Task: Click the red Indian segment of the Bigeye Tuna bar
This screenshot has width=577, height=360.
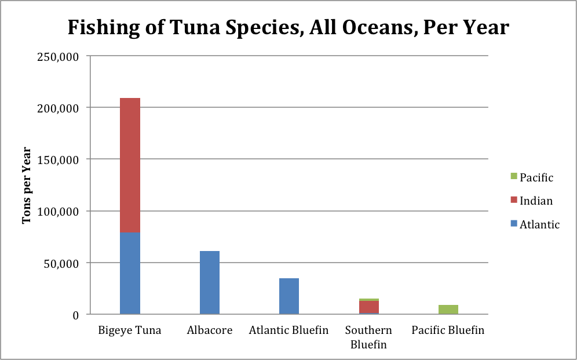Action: click(130, 165)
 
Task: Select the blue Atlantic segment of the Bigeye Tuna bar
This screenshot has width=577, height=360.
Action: click(130, 273)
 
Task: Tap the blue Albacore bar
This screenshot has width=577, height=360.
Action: click(210, 282)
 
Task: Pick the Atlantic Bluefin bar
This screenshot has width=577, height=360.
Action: click(289, 296)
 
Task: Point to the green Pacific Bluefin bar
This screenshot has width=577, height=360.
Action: click(448, 310)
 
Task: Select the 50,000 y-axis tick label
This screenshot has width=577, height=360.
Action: click(65, 263)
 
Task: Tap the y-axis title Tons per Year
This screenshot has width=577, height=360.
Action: click(27, 185)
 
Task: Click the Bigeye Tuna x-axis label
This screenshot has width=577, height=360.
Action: click(130, 330)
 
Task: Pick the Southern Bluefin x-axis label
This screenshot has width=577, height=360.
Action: click(368, 337)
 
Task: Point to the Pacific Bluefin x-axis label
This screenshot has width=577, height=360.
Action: click(448, 330)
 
